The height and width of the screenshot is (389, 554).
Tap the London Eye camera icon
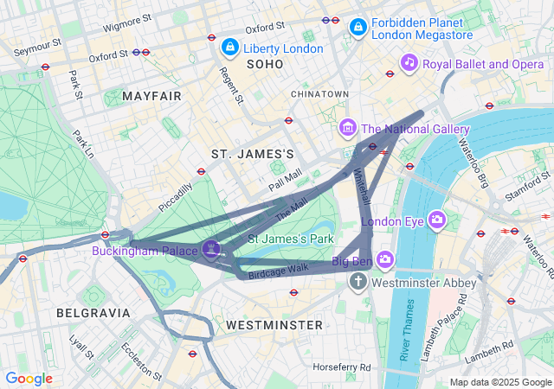(439, 220)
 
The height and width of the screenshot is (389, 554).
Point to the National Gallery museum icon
(348, 129)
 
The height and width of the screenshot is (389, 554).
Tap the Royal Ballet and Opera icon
(409, 63)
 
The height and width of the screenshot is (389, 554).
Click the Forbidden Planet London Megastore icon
(357, 29)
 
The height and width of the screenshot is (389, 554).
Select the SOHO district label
(265, 65)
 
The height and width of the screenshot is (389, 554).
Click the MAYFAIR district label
(152, 95)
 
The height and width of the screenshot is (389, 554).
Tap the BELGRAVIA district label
(93, 312)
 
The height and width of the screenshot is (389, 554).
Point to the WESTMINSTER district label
(274, 325)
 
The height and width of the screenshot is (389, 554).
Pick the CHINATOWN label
(319, 93)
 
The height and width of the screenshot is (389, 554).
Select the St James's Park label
(291, 238)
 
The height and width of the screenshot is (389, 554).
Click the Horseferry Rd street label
(342, 367)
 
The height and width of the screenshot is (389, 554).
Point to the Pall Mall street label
(285, 180)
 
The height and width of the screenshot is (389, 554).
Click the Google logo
(29, 379)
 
